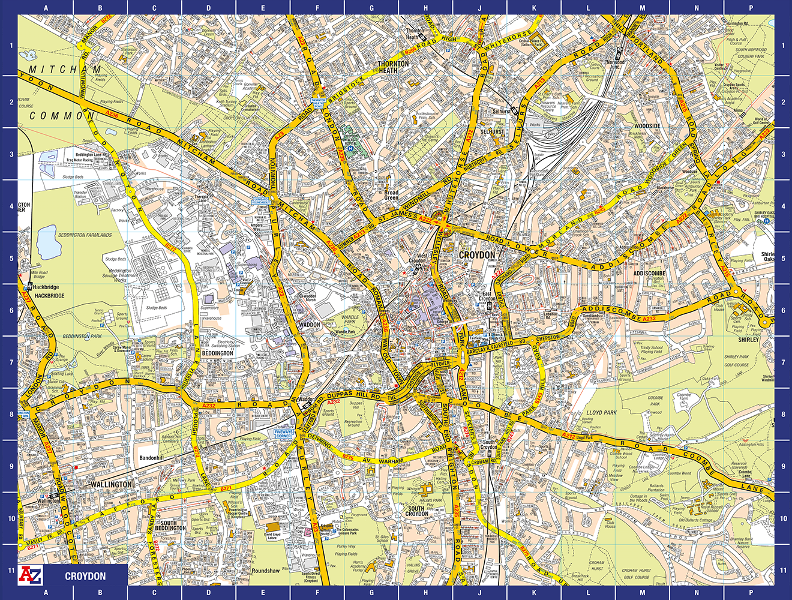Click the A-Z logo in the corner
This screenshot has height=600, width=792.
31,575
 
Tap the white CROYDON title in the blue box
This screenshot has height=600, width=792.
85,576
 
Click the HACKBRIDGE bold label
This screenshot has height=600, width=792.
49,296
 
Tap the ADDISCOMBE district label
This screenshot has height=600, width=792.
649,273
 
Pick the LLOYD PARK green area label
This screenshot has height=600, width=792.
602,413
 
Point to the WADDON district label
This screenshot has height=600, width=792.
310,325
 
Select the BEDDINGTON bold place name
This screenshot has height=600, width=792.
217,353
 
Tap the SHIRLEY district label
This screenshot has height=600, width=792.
748,340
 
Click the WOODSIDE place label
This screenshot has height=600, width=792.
647,126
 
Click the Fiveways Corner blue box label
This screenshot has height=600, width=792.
283,433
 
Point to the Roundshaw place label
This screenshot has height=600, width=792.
265,571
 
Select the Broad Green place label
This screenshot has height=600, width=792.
391,195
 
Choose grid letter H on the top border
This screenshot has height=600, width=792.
425,8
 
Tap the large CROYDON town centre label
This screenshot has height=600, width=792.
477,255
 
